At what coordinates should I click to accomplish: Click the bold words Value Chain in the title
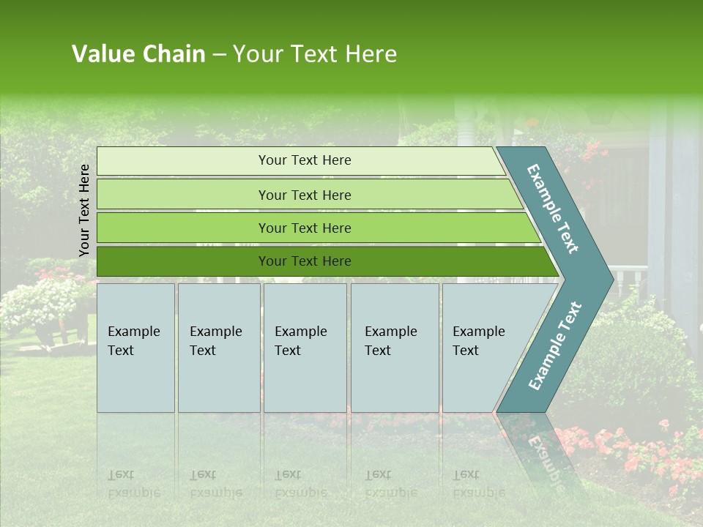click(138, 54)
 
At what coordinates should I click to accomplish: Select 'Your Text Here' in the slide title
click(315, 54)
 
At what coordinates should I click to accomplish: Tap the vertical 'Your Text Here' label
click(84, 210)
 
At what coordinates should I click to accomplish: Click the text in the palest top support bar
click(305, 160)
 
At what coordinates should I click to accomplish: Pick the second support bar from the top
click(305, 195)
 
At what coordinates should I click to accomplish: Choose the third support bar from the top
click(305, 228)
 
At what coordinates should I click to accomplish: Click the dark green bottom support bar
click(305, 261)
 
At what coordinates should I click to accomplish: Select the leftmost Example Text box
click(135, 347)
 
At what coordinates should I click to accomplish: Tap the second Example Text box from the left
click(218, 347)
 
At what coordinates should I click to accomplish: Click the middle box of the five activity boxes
click(305, 347)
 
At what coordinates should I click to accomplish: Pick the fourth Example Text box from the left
click(394, 347)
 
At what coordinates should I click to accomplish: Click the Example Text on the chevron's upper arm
click(554, 209)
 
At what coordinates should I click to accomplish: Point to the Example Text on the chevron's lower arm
click(555, 346)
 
